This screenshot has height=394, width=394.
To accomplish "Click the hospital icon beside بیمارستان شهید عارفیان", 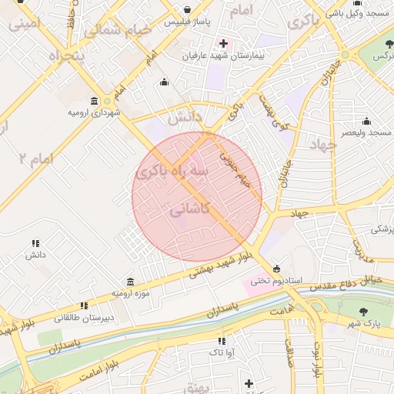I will pos(223,43).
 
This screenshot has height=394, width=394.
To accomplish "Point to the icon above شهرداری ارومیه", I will pos(94,101).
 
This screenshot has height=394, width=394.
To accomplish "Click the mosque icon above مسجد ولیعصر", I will pos(366,121).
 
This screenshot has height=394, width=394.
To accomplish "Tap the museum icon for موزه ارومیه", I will pos(129,281).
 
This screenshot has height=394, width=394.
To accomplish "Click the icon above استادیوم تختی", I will pos(277,269).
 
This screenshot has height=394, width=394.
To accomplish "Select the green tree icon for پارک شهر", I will pos(363,312).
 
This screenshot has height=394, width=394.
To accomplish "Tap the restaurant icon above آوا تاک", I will pos(222,340).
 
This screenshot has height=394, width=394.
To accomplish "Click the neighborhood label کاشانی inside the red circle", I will pos(189,209).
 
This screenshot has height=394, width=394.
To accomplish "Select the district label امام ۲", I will pos(35,159).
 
